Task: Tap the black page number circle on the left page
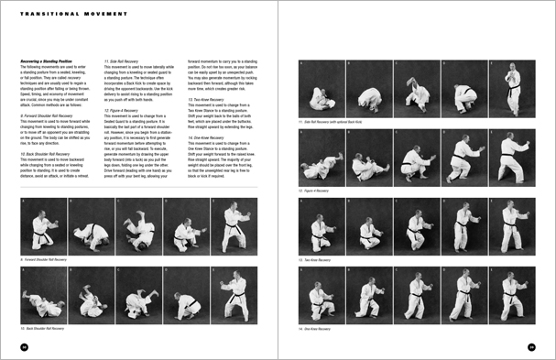[x=25, y=346]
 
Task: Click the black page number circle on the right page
[x=531, y=346]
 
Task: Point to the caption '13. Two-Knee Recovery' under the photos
[x=317, y=259]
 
